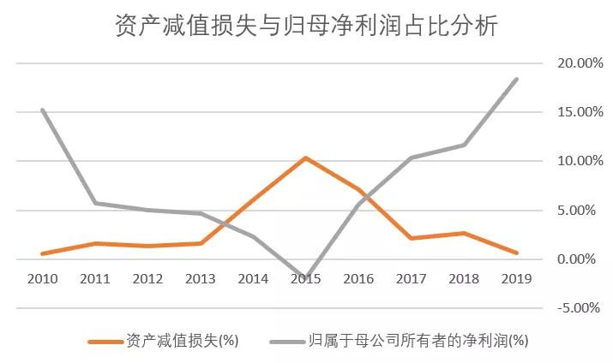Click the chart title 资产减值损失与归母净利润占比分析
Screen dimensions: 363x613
point(306,27)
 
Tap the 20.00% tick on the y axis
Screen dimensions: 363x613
point(573,63)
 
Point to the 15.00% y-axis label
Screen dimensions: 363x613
point(573,112)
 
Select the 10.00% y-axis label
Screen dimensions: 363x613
point(573,161)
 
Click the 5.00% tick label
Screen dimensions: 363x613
point(576,210)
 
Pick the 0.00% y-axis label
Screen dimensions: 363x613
point(576,259)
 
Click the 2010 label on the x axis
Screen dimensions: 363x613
point(42,278)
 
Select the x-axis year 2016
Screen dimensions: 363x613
point(359,278)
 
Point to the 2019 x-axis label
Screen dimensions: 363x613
point(517,278)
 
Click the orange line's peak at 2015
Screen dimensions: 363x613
point(306,158)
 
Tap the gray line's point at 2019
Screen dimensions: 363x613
point(517,79)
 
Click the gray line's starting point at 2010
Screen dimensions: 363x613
point(42,110)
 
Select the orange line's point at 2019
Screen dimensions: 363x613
point(517,253)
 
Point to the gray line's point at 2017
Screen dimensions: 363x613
point(412,158)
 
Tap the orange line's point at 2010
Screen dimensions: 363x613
point(42,253)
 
